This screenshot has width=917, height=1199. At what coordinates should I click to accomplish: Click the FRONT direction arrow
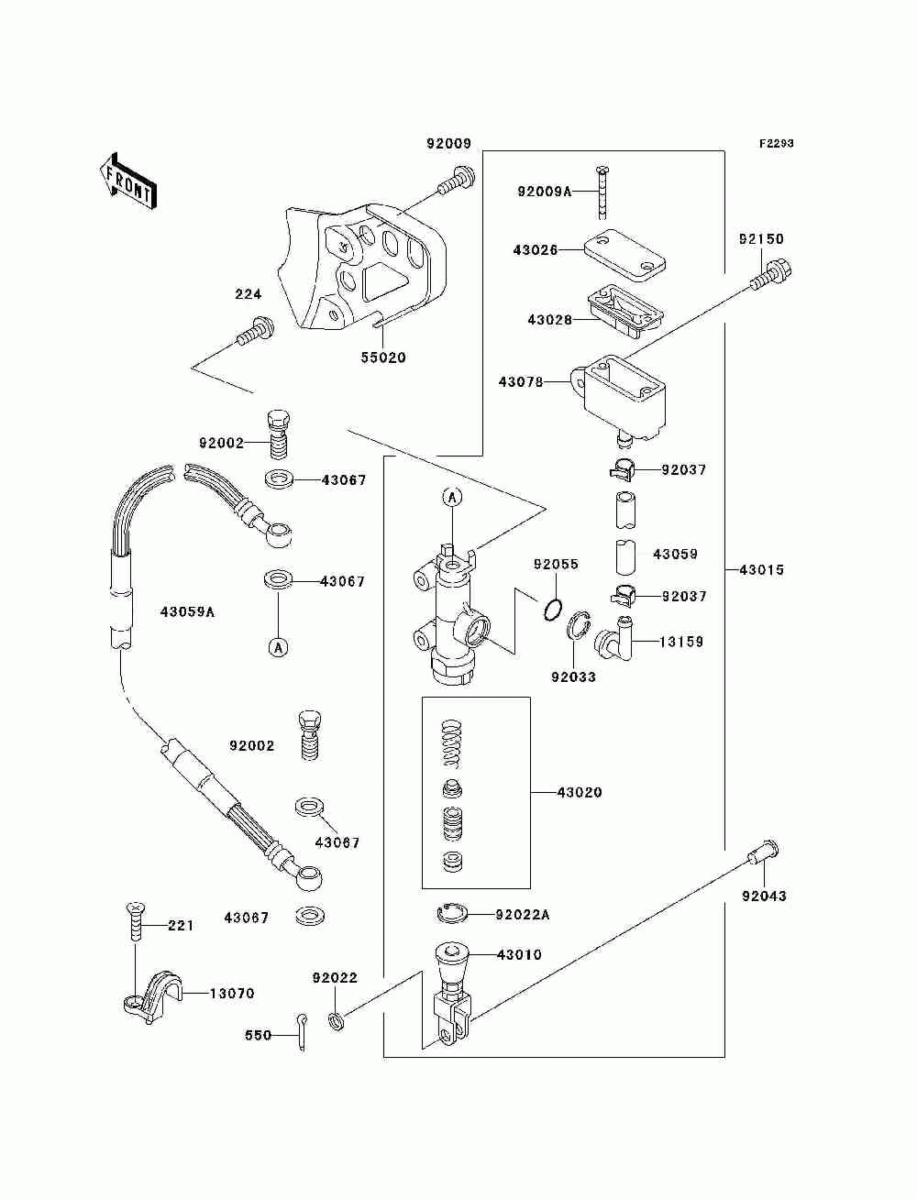127,181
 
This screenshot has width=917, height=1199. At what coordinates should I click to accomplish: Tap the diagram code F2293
776,144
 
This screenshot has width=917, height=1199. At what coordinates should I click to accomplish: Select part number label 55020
383,357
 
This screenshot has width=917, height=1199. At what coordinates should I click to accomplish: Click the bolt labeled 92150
771,275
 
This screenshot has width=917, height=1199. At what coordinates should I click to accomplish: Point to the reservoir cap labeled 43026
624,255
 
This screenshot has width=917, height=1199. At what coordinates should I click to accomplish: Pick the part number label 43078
521,382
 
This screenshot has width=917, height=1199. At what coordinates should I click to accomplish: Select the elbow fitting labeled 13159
614,639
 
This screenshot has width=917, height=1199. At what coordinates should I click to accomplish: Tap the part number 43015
762,570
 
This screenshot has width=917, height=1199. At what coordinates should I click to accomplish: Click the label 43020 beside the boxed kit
580,793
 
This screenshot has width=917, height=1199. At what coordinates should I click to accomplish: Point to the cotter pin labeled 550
301,1031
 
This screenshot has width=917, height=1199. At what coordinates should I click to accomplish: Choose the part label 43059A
187,612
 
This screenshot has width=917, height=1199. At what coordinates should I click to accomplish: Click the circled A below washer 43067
278,648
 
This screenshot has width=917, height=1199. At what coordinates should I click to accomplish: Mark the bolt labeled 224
255,331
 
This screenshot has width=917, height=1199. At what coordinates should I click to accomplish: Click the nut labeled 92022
337,1020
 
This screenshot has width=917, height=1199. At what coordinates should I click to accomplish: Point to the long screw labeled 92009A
602,192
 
